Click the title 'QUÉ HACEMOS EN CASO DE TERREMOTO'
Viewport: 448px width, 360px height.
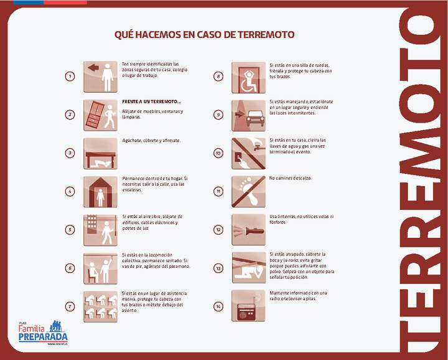[x=204, y=35]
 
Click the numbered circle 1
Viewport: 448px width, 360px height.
[x=70, y=77]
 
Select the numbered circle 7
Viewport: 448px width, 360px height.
[x=70, y=306]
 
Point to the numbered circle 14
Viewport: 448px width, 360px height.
[x=218, y=306]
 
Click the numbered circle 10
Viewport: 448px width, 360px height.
[x=218, y=153]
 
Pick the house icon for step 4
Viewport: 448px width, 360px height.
[x=100, y=191]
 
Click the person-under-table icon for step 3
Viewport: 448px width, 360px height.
[x=100, y=153]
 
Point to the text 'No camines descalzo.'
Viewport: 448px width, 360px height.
[x=291, y=178]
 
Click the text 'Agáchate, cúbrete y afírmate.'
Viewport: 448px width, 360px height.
[x=151, y=140]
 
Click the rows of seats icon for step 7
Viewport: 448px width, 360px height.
[x=100, y=306]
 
